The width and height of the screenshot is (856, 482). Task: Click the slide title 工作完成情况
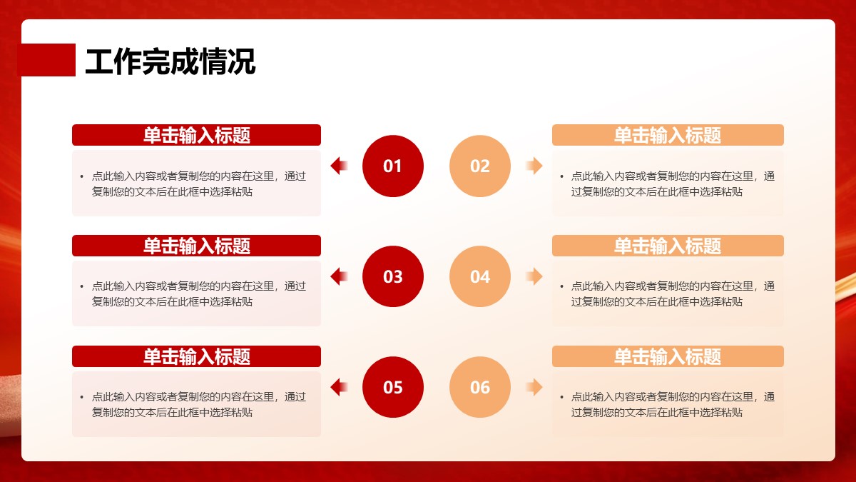pyautogui.click(x=170, y=61)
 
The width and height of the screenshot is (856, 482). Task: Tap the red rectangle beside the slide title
pyautogui.click(x=46, y=60)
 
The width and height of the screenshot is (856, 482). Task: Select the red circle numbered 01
pyautogui.click(x=393, y=166)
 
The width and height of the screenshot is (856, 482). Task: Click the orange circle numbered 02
pyautogui.click(x=480, y=166)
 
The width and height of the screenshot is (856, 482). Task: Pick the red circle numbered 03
pyautogui.click(x=393, y=276)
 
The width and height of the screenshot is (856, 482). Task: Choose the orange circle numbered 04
pyautogui.click(x=480, y=276)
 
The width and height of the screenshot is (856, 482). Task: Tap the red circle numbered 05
pyautogui.click(x=393, y=387)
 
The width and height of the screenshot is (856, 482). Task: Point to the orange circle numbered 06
pyautogui.click(x=480, y=387)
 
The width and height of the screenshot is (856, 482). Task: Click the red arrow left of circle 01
pyautogui.click(x=339, y=166)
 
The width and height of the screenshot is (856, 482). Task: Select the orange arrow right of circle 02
pyautogui.click(x=534, y=166)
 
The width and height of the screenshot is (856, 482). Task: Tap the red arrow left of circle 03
pyautogui.click(x=339, y=276)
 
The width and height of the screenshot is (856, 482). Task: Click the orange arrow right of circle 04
pyautogui.click(x=534, y=276)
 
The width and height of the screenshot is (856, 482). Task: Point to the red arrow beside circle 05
pyautogui.click(x=339, y=387)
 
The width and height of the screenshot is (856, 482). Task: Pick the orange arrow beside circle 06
pyautogui.click(x=534, y=387)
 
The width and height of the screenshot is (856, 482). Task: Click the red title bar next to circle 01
pyautogui.click(x=196, y=135)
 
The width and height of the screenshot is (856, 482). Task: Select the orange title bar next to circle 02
pyautogui.click(x=668, y=135)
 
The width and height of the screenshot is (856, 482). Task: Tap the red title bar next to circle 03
pyautogui.click(x=196, y=246)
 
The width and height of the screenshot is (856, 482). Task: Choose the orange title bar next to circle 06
pyautogui.click(x=668, y=356)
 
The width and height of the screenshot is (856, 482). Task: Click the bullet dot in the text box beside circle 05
pyautogui.click(x=82, y=398)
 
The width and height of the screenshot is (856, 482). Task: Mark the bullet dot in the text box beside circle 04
pyautogui.click(x=561, y=287)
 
